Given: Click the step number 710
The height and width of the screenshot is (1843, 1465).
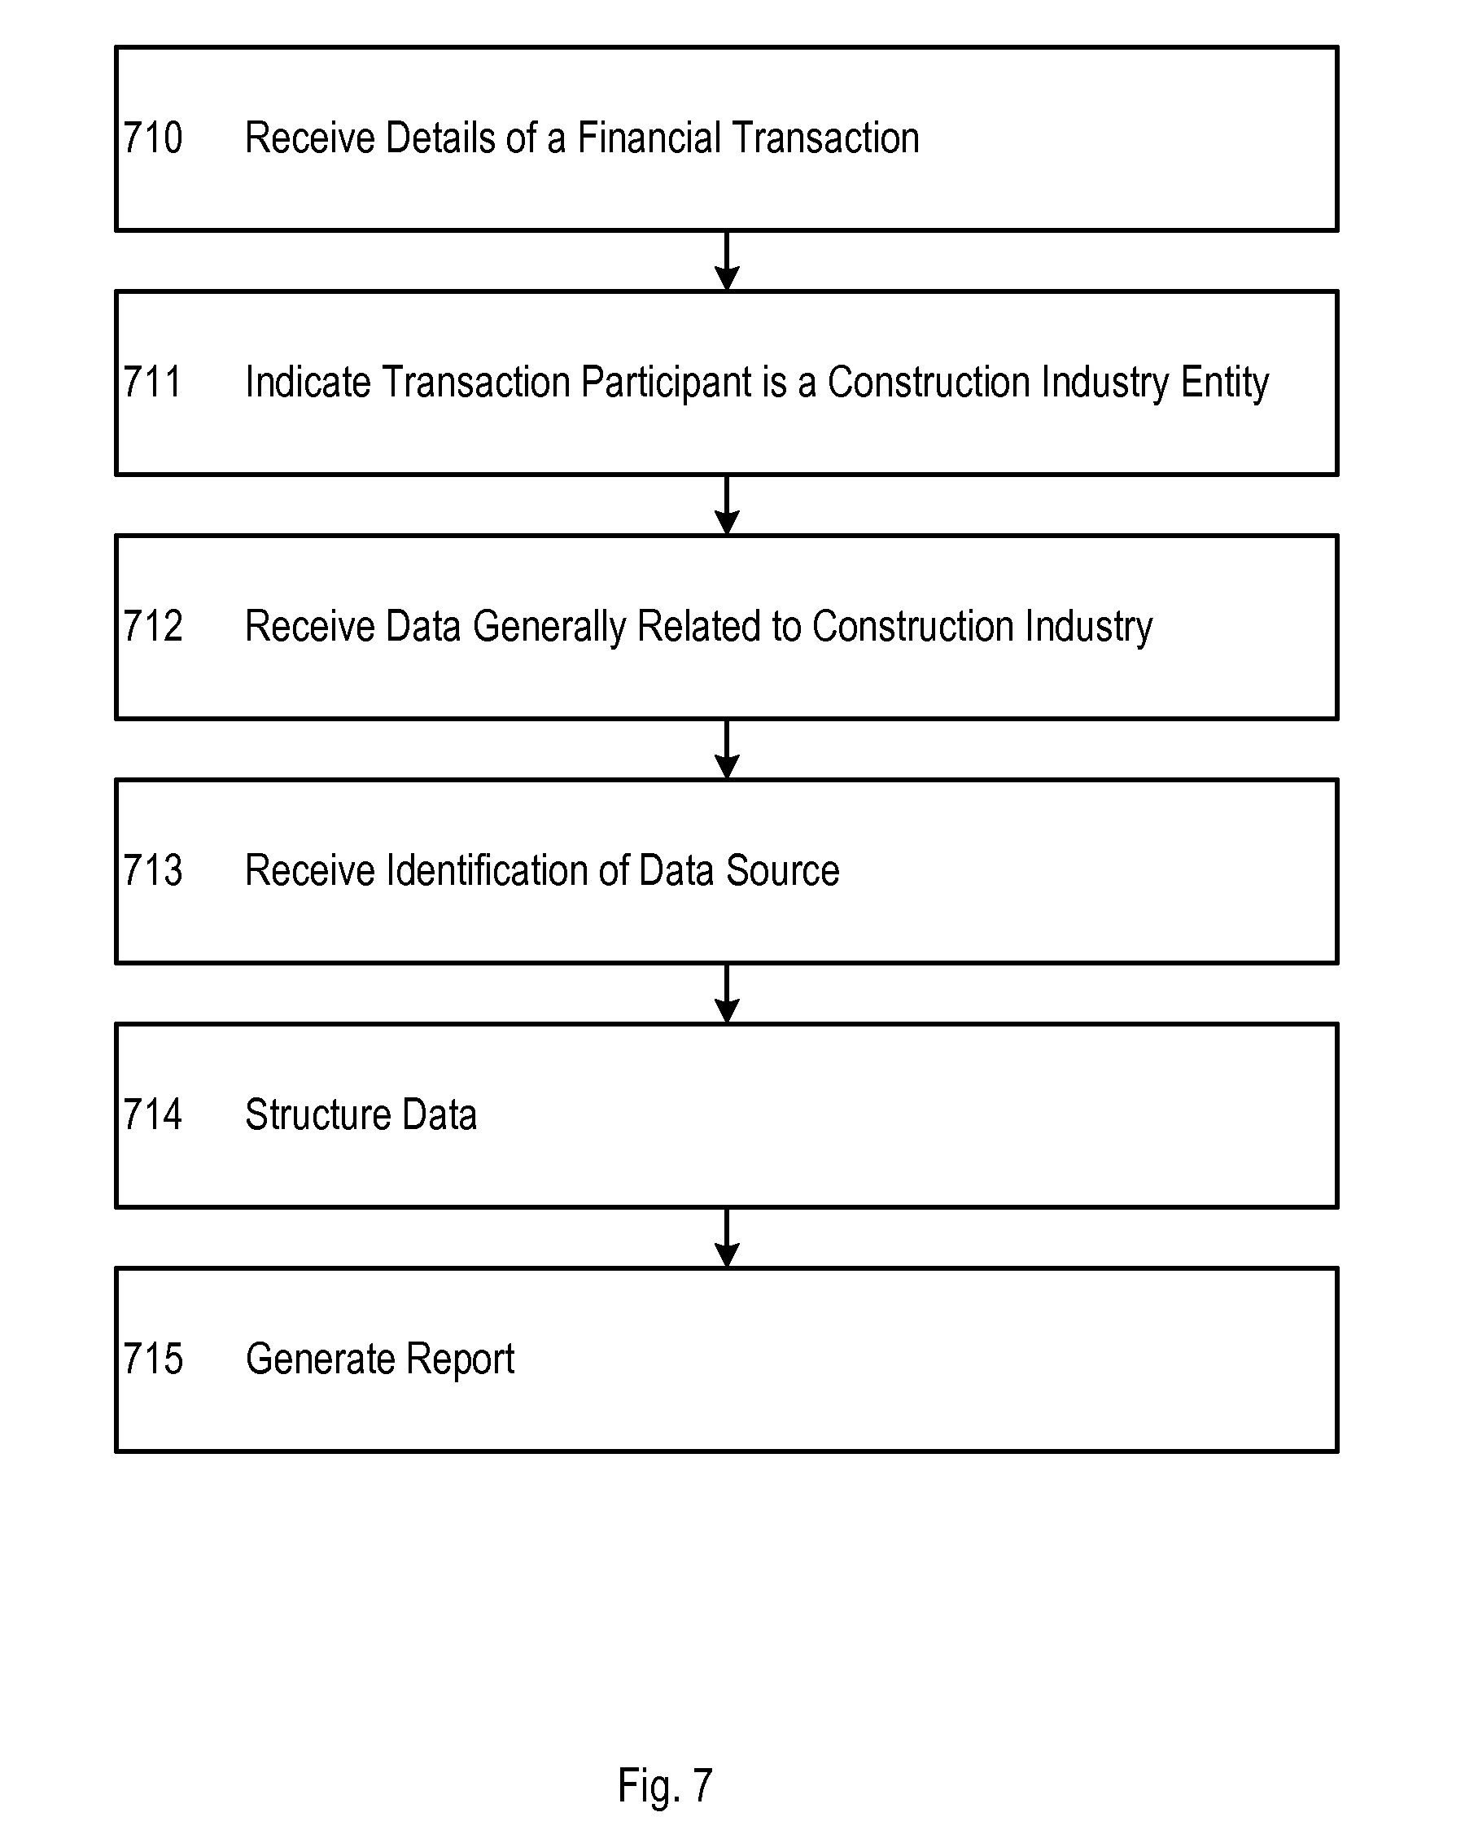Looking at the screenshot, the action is pos(153,138).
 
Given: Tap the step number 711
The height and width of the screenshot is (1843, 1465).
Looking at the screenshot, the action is pos(153,382).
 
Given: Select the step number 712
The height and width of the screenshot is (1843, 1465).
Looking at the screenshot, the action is pos(153,626).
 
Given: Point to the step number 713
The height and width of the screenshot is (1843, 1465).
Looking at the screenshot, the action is pos(153,870).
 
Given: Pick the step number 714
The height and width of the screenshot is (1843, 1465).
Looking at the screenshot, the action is pos(153,1114).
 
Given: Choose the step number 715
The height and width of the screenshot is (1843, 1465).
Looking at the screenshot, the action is pos(153,1359).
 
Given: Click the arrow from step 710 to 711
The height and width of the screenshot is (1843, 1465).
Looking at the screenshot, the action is pos(727,260).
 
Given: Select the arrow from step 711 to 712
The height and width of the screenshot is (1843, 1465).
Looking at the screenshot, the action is pos(727,506).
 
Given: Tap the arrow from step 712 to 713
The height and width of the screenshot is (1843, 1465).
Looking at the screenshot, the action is pos(727,749).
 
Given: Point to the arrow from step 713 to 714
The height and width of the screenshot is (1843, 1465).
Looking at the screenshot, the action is pos(727,993).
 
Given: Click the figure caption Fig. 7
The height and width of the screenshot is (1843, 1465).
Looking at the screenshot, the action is pos(665,1787).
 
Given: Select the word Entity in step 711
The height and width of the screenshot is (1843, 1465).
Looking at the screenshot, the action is pos(1225,382).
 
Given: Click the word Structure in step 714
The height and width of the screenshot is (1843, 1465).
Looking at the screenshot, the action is pos(319,1114).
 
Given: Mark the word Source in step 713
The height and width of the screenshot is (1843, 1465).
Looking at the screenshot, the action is pos(783,870).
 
